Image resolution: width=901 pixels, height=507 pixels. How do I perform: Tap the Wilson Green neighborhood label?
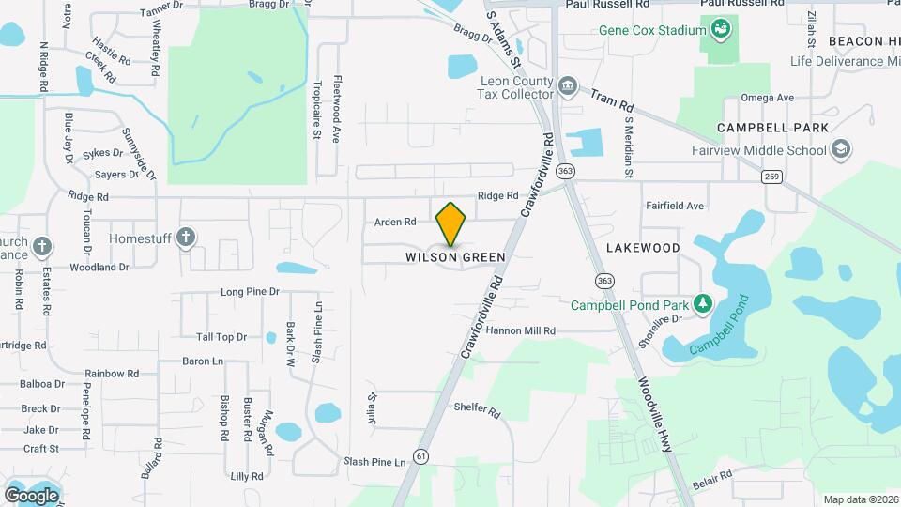[x=455, y=256]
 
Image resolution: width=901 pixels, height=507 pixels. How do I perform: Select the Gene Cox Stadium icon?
[x=720, y=30]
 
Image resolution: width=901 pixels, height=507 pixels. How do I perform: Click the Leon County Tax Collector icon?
[x=567, y=87]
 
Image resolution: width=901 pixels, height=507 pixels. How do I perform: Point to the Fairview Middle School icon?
[x=841, y=149]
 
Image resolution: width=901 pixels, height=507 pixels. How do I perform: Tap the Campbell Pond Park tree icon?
[x=701, y=304]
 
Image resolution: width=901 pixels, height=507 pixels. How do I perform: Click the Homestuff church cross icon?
[x=186, y=238]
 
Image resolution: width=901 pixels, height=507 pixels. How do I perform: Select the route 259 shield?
[x=772, y=177]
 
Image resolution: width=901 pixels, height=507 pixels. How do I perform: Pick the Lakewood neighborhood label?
[x=643, y=248]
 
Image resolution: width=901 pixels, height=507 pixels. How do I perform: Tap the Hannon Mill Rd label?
[x=521, y=330]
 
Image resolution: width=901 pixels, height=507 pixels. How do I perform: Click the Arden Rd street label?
[x=395, y=223]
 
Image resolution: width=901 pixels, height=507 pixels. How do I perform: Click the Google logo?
[x=31, y=495]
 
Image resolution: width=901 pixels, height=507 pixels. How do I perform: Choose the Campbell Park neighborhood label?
[x=772, y=127]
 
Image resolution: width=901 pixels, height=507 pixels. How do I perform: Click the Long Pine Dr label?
[x=251, y=292]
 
